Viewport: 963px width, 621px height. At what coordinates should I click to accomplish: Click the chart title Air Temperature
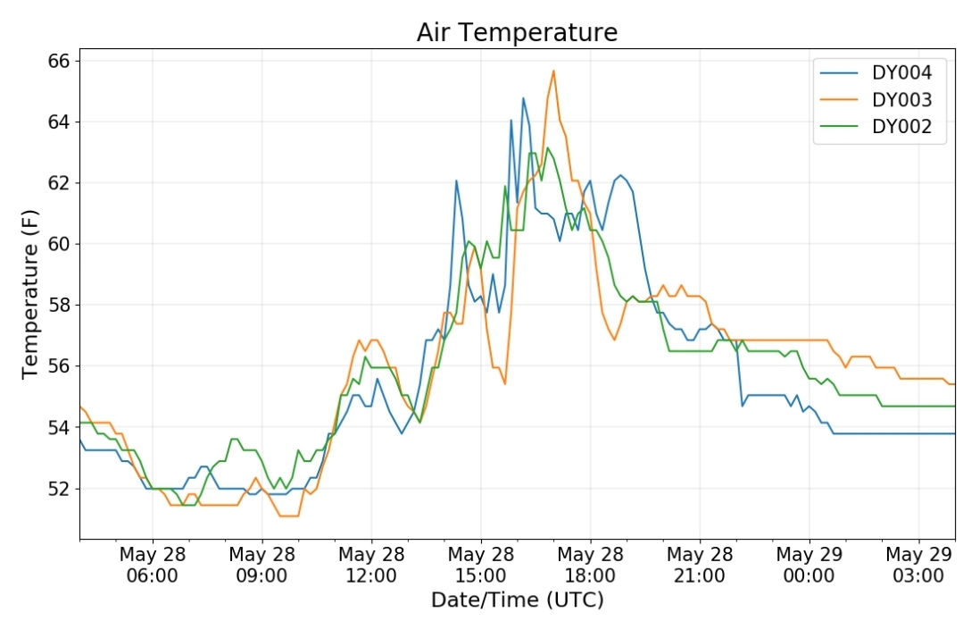[x=517, y=32]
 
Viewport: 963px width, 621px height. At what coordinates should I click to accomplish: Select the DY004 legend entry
[x=876, y=72]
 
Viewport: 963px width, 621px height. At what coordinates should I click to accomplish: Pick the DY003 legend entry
[x=876, y=99]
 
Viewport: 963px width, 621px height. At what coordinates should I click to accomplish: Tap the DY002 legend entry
[x=876, y=127]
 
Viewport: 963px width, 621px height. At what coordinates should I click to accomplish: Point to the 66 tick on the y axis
[x=59, y=61]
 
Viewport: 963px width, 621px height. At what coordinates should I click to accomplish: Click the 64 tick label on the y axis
[x=59, y=122]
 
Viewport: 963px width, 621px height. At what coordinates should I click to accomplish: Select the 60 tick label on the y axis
[x=59, y=244]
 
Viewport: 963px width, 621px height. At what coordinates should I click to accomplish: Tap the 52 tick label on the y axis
[x=59, y=489]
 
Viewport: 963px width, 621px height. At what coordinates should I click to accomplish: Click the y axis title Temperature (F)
[x=30, y=295]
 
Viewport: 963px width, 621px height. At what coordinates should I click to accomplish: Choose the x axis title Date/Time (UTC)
[x=517, y=600]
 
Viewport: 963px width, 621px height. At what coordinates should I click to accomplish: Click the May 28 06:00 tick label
[x=153, y=565]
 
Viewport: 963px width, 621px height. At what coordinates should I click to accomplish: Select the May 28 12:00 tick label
[x=371, y=565]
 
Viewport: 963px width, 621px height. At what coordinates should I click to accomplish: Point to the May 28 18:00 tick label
[x=590, y=565]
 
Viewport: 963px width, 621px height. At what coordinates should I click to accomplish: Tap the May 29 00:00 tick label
[x=809, y=565]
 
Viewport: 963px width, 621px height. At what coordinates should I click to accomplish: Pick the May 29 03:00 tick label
[x=918, y=565]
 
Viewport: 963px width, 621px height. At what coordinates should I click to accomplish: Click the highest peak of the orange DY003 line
[x=553, y=71]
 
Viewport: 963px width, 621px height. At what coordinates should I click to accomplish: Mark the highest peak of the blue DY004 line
[x=523, y=97]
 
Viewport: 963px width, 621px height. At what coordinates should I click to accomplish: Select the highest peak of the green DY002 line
[x=548, y=147]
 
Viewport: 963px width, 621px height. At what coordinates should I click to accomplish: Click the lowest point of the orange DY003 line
[x=289, y=516]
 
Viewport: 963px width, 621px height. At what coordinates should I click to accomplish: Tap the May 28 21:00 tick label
[x=700, y=565]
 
